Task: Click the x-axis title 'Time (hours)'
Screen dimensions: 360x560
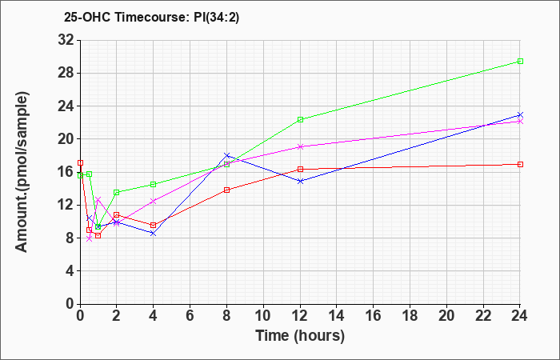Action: point(300,335)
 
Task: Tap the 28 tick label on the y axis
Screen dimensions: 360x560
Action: point(66,73)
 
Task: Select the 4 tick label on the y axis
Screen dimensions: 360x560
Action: point(69,270)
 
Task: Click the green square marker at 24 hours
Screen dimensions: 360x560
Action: point(520,61)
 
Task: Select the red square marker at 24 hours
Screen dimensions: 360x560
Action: point(520,164)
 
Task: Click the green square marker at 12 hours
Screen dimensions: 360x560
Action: point(300,119)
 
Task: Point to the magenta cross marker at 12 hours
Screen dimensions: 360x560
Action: point(300,146)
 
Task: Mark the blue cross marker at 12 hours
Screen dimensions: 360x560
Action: point(300,181)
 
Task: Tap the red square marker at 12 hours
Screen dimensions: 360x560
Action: point(300,169)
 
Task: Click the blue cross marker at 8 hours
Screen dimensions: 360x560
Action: point(227,155)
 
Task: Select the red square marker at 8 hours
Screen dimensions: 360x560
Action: point(227,190)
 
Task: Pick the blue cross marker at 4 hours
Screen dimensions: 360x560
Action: point(154,233)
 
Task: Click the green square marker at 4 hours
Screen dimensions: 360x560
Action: point(154,184)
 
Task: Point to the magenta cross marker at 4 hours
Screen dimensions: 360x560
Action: point(154,201)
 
